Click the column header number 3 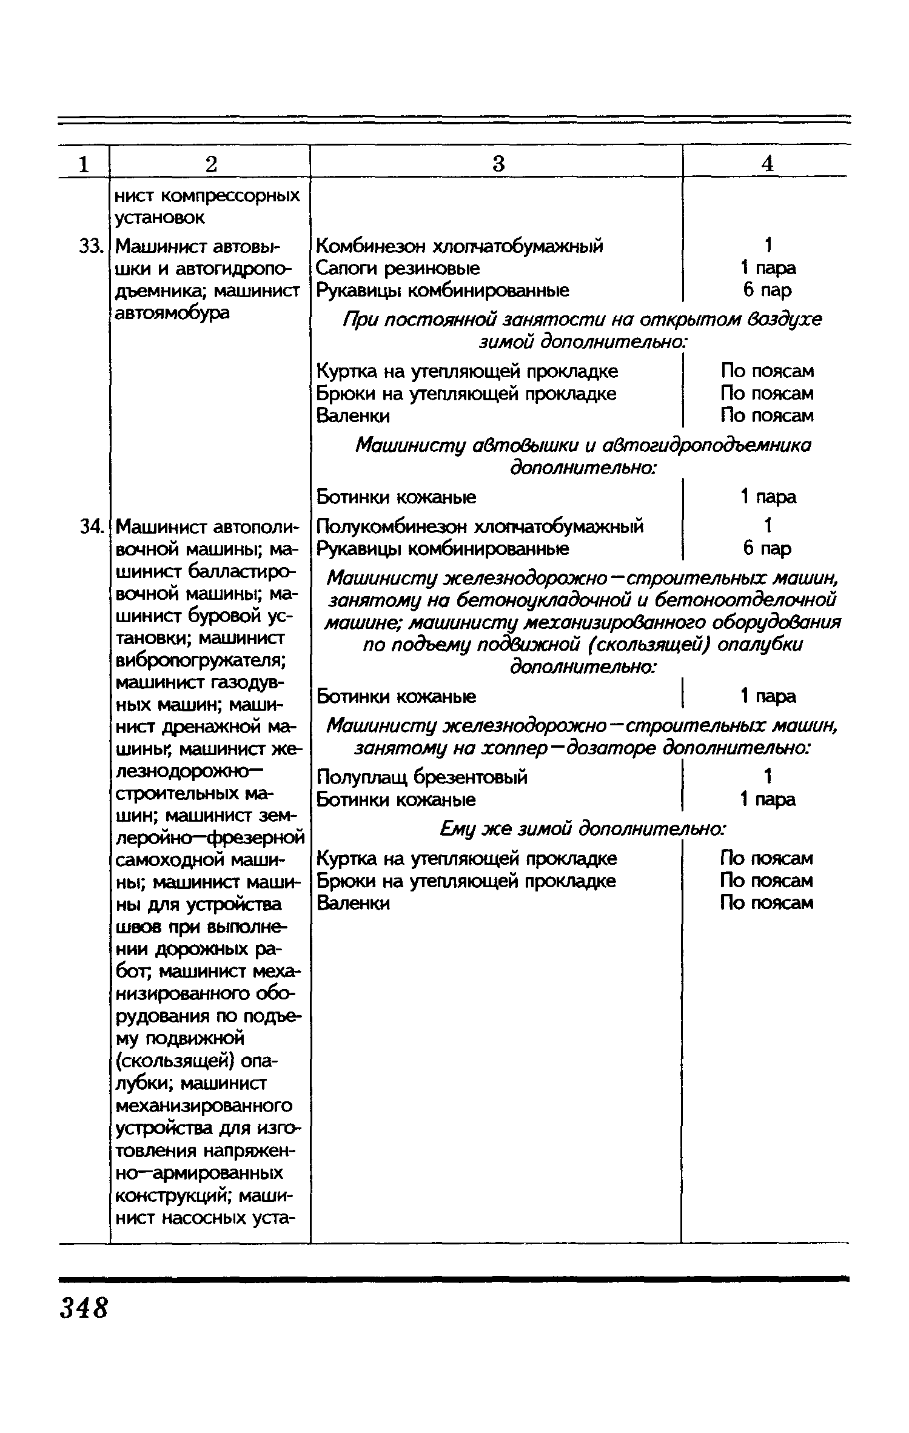[498, 164]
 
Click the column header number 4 [767, 164]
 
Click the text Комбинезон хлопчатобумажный [460, 246]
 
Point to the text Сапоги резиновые [398, 268]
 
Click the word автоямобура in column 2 [172, 313]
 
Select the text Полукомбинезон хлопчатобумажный [480, 526]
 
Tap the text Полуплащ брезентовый [423, 777]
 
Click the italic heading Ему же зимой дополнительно [582, 828]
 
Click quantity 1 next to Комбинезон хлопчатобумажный [768, 246]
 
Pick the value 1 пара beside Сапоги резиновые [768, 268]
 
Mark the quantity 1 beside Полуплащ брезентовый [768, 776]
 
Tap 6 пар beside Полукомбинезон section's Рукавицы [767, 549]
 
